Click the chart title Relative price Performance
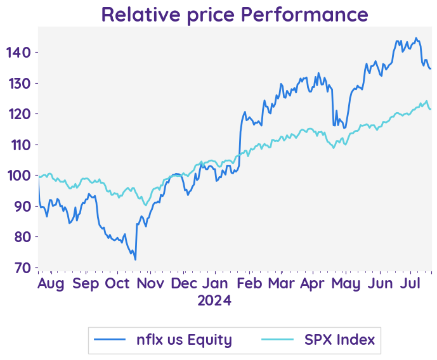[234, 14]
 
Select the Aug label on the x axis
[51, 283]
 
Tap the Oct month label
[117, 283]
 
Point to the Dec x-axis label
[184, 283]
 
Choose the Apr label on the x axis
[315, 283]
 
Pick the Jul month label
[412, 283]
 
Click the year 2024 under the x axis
[214, 300]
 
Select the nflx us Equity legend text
[184, 340]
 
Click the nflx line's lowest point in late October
[135, 259]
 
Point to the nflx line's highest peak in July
[416, 38]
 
